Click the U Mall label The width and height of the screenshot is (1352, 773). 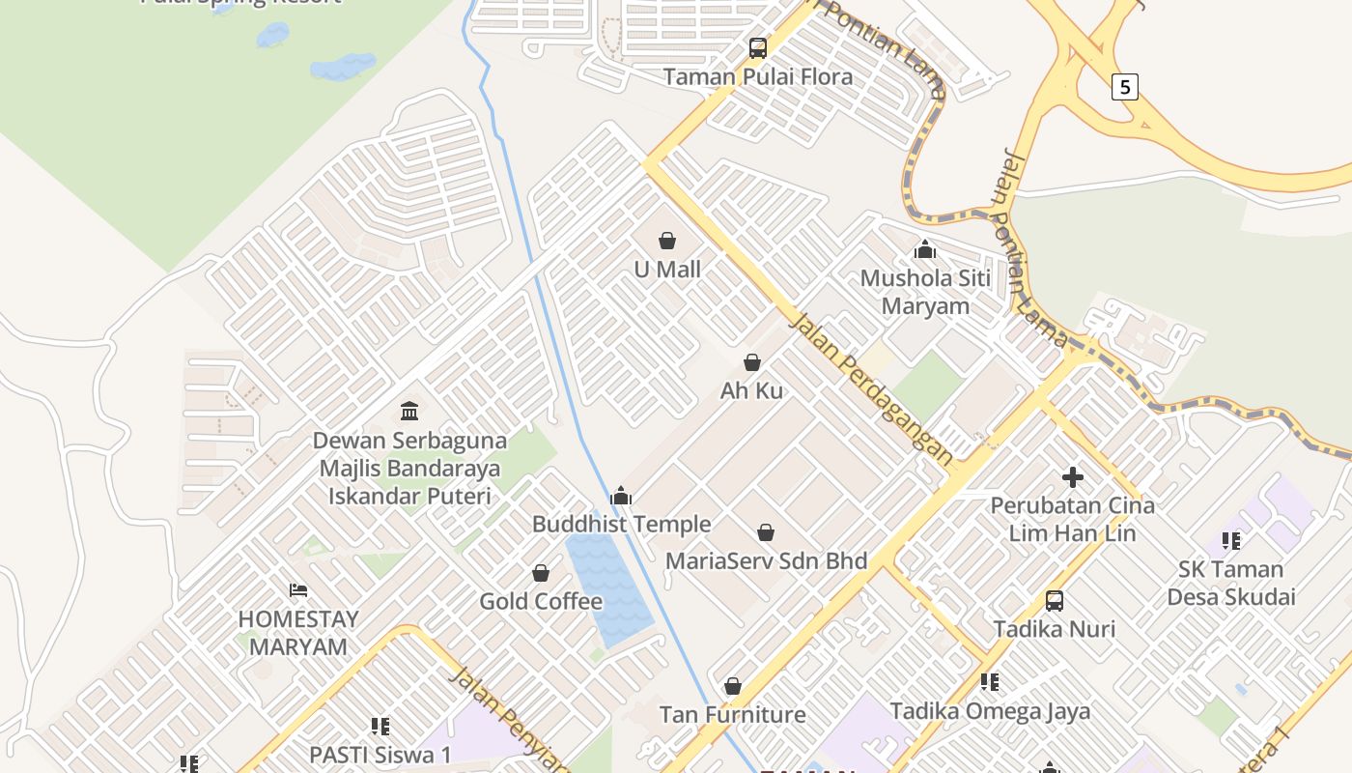coord(667,270)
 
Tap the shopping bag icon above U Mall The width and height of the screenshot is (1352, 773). coord(667,241)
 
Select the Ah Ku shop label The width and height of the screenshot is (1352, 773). coord(751,391)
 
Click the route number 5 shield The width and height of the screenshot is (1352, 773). coord(1124,87)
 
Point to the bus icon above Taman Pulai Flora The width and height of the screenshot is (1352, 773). coord(758,48)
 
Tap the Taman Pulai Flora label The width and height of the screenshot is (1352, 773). coord(758,77)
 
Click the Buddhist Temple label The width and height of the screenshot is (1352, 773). coord(621,525)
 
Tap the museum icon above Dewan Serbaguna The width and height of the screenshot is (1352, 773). coord(409,412)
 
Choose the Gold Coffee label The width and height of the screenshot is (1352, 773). coord(541,602)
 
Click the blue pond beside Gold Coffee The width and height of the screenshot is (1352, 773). coord(608,589)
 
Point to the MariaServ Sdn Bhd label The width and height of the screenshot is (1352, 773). coord(766,561)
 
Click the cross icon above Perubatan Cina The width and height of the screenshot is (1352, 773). coord(1072,477)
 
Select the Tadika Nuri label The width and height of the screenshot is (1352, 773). coord(1054,630)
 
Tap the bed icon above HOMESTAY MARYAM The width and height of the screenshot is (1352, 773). coord(298,590)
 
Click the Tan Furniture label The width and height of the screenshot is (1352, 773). coord(732,715)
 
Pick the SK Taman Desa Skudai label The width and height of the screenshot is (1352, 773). coord(1230,583)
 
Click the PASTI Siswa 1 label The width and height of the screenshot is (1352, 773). coord(380,754)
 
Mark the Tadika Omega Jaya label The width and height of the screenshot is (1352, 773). coord(990,712)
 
